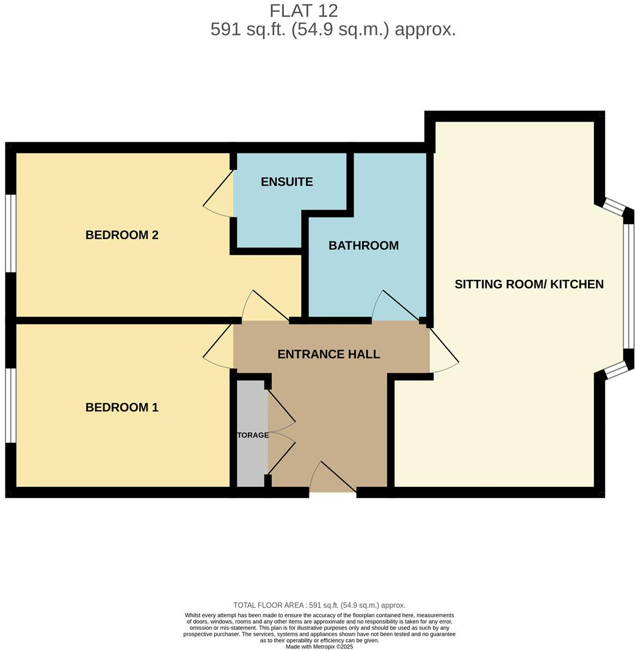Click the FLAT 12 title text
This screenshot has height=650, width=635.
click(x=303, y=10)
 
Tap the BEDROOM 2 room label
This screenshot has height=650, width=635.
click(x=122, y=235)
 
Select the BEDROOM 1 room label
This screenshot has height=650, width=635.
click(x=122, y=407)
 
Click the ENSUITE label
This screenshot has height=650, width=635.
click(x=286, y=181)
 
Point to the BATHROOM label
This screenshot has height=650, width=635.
click(x=363, y=246)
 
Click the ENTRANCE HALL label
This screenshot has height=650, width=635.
click(x=328, y=354)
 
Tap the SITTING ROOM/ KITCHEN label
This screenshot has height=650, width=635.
click(x=529, y=284)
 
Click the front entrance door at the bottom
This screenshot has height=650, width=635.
click(x=333, y=479)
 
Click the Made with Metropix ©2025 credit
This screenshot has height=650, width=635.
click(x=319, y=646)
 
